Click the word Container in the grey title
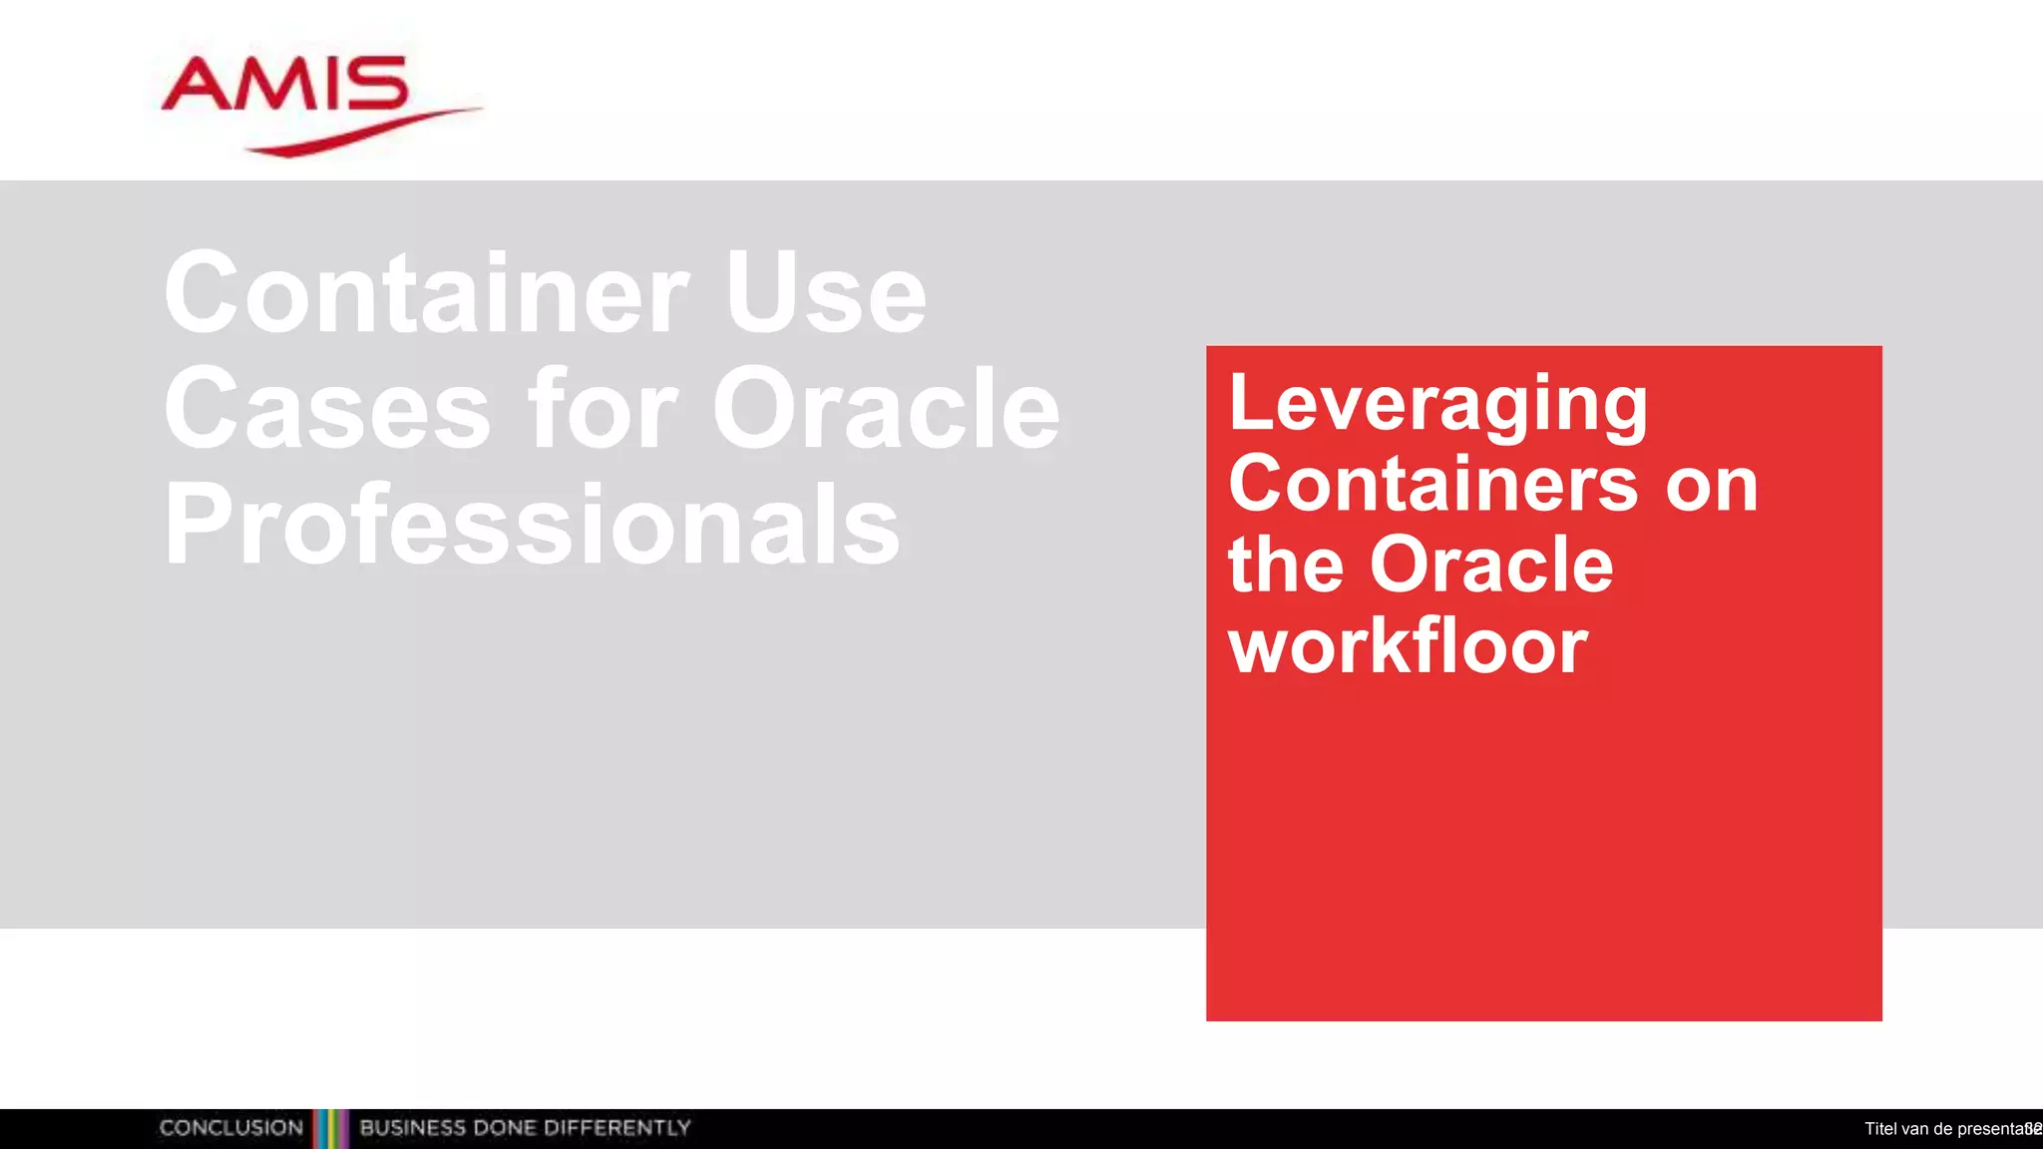pyautogui.click(x=427, y=293)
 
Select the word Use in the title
pyautogui.click(x=826, y=293)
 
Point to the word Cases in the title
pyautogui.click(x=328, y=410)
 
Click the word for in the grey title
pyautogui.click(x=603, y=408)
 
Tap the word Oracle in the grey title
pyautogui.click(x=886, y=408)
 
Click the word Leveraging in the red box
pyautogui.click(x=1437, y=404)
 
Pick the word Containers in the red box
pyautogui.click(x=1431, y=485)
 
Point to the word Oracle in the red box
pyautogui.click(x=1491, y=565)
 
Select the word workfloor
pyautogui.click(x=1408, y=646)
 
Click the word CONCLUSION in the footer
pyautogui.click(x=231, y=1128)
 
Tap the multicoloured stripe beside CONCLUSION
pyautogui.click(x=331, y=1128)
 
